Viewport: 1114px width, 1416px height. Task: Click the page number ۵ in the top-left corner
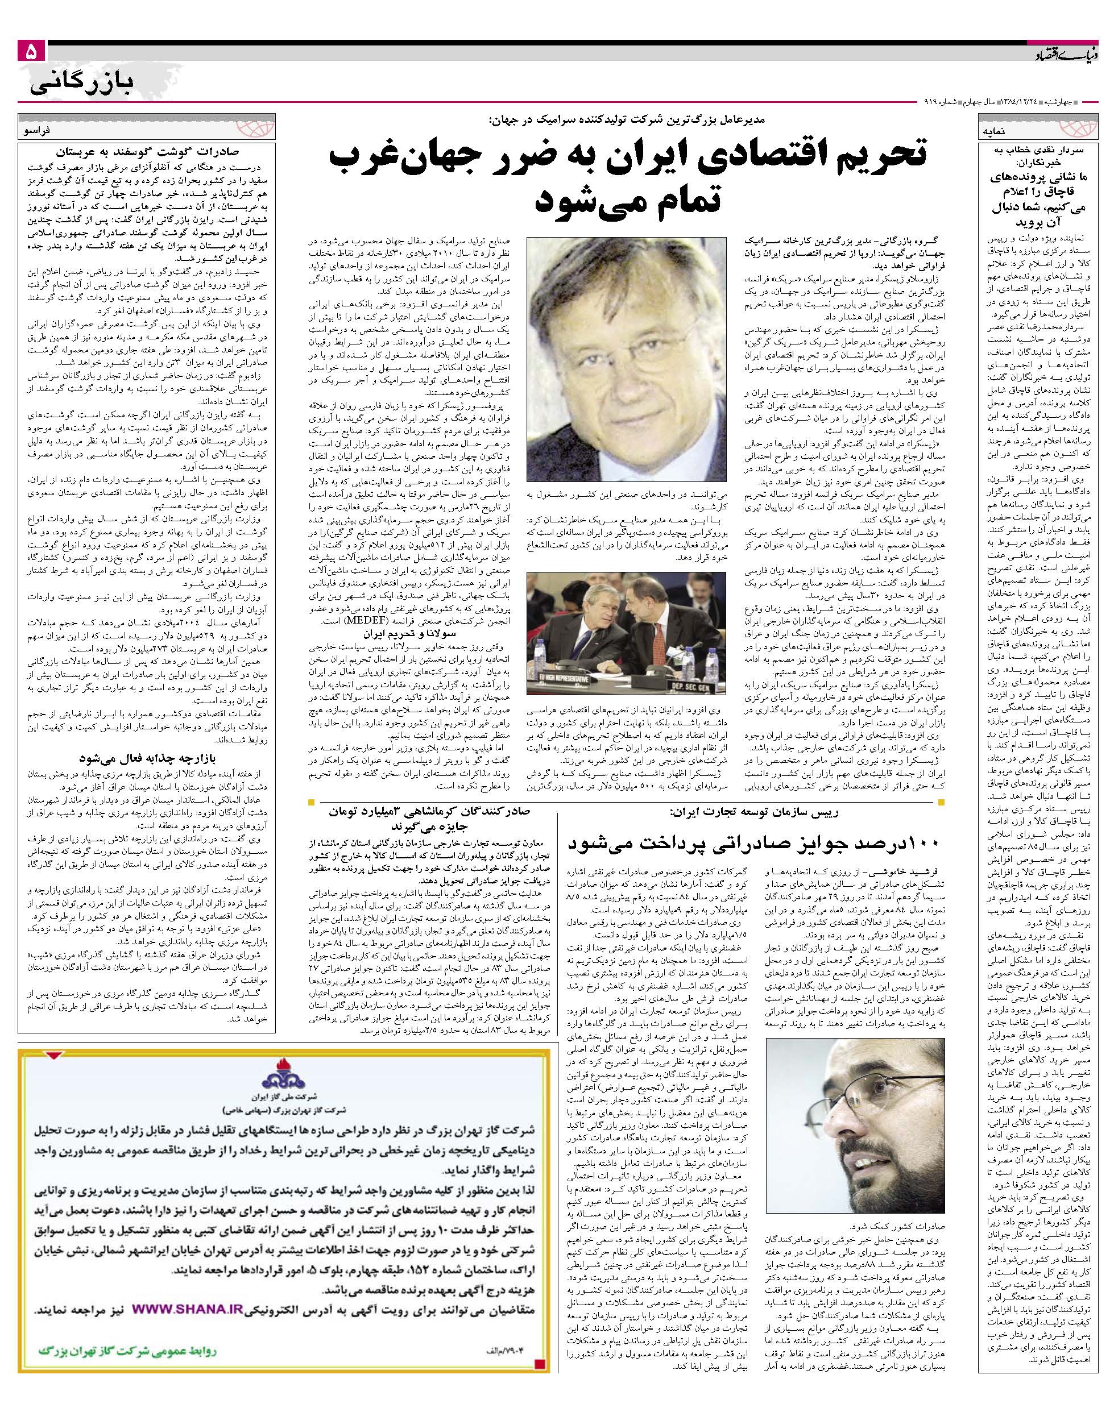click(x=31, y=53)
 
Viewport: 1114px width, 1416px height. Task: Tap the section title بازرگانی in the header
click(x=81, y=82)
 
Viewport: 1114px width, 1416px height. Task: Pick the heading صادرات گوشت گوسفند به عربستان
click(x=146, y=154)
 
